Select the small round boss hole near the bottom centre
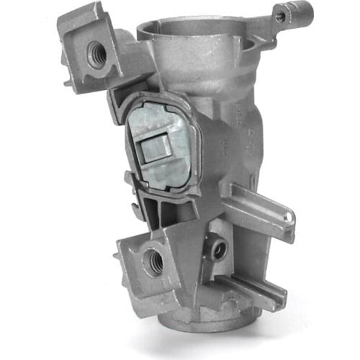click(219, 249)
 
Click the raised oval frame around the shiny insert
click(198, 144)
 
